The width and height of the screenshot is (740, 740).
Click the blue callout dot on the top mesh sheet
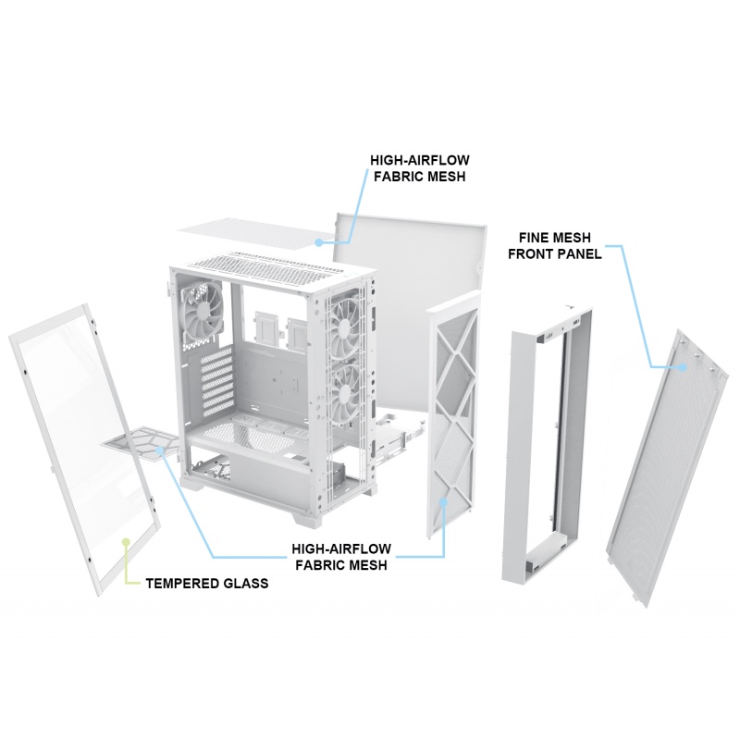point(317,243)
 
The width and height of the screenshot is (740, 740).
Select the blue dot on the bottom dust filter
point(160,450)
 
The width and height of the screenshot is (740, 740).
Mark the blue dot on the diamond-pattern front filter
point(445,499)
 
